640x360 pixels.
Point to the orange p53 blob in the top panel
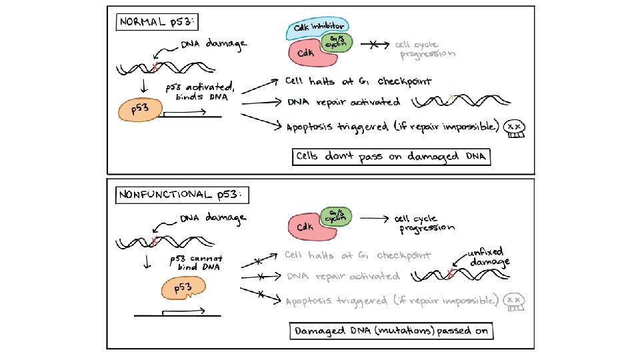pyautogui.click(x=139, y=111)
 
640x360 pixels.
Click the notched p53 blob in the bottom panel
pyautogui.click(x=184, y=289)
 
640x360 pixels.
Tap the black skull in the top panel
pyautogui.click(x=514, y=129)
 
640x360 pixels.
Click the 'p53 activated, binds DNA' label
pyautogui.click(x=197, y=92)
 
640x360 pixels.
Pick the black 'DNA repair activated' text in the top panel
pyautogui.click(x=343, y=103)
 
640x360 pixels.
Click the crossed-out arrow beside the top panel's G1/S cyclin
pyautogui.click(x=373, y=44)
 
